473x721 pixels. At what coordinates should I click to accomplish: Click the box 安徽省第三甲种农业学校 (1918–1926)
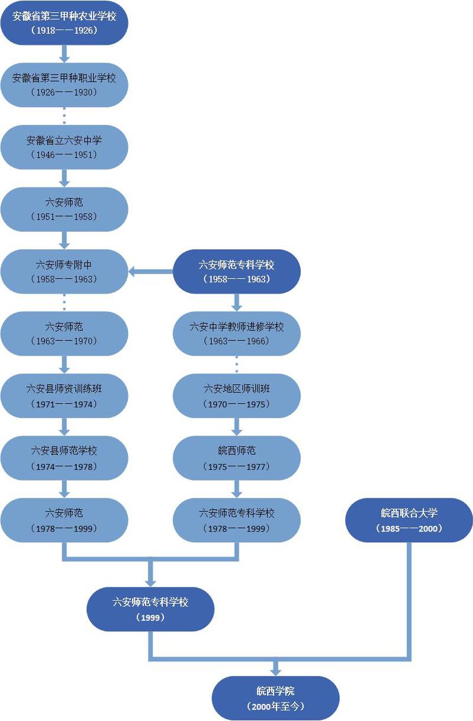(x=64, y=22)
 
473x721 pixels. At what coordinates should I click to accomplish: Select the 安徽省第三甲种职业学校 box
(x=64, y=85)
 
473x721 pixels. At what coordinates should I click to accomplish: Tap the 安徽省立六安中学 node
(x=64, y=147)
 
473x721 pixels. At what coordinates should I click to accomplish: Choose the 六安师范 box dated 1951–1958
(x=64, y=209)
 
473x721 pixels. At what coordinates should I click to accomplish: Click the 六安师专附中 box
(x=64, y=271)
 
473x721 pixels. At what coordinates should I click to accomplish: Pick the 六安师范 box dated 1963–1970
(x=64, y=333)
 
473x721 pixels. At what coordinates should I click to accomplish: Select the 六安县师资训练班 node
(x=64, y=395)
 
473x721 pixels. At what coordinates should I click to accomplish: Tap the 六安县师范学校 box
(x=64, y=458)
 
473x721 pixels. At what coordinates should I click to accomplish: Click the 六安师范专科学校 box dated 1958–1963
(x=237, y=271)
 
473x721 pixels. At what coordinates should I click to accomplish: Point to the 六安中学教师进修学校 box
(x=237, y=333)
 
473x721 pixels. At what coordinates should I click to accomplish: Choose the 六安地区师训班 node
(x=237, y=395)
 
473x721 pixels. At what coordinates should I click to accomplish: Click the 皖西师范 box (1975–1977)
(x=237, y=458)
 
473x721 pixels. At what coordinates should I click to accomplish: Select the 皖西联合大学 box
(x=409, y=520)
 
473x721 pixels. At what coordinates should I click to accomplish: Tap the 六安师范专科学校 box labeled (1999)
(x=150, y=609)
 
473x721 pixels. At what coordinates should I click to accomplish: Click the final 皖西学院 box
(x=275, y=698)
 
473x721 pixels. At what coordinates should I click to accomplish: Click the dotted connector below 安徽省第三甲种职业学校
(x=65, y=116)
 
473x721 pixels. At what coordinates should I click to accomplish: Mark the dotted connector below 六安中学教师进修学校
(x=237, y=365)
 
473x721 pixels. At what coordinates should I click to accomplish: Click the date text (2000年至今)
(x=275, y=706)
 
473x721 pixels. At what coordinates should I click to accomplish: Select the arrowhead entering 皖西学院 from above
(x=275, y=669)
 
